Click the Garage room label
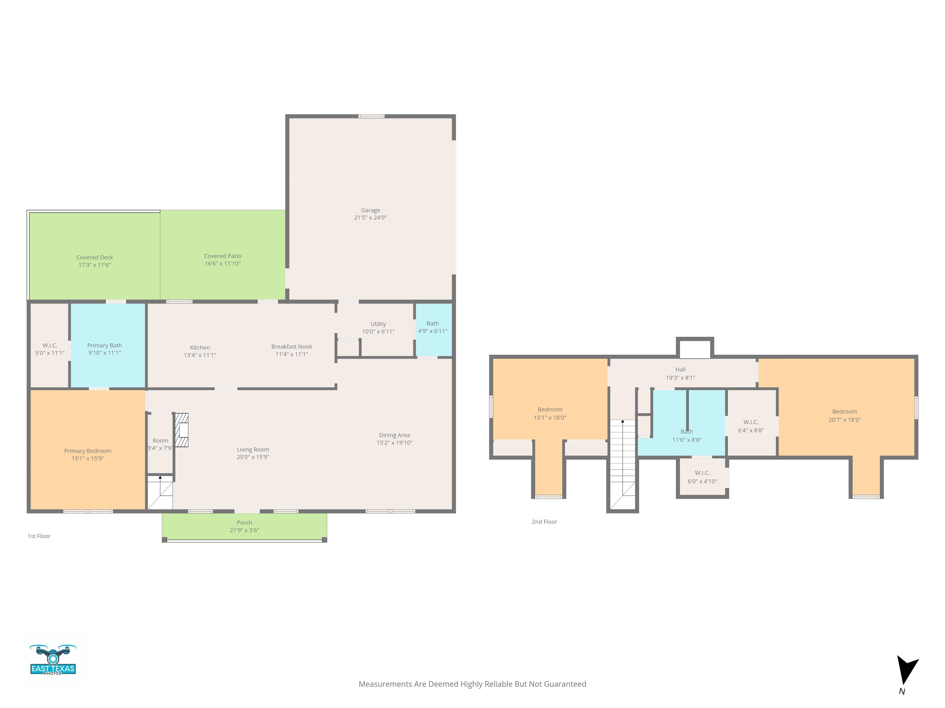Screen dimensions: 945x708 pos(370,210)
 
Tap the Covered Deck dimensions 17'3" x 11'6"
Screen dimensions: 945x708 pos(94,265)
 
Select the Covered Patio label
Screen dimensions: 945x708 pos(223,256)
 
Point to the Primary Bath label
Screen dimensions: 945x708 pos(105,345)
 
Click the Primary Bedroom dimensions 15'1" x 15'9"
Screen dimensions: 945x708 pos(88,458)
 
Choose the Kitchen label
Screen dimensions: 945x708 pos(200,347)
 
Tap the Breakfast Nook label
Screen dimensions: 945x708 pos(292,347)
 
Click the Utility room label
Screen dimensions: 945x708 pos(378,324)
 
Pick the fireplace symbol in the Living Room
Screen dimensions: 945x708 pos(181,430)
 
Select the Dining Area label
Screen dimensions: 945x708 pos(394,435)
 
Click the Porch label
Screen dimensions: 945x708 pos(244,522)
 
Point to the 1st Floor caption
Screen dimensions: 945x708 pos(39,536)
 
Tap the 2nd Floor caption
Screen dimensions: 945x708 pos(544,521)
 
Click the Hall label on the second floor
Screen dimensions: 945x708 pos(680,370)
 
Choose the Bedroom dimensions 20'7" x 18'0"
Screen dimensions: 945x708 pos(845,419)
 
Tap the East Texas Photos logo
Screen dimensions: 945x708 pos(53,659)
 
